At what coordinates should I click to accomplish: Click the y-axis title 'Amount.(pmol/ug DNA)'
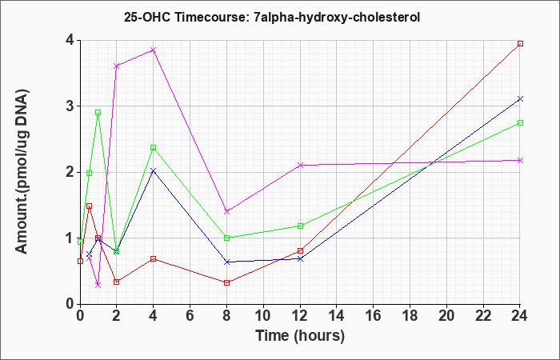[22, 171]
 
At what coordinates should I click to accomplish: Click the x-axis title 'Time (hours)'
[300, 336]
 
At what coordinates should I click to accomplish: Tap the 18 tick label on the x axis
[410, 315]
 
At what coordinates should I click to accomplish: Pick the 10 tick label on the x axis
[263, 315]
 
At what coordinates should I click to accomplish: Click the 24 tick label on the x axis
[519, 315]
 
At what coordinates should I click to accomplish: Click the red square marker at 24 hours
[520, 43]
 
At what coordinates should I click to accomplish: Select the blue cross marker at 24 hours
[520, 98]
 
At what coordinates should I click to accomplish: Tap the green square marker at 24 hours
[520, 123]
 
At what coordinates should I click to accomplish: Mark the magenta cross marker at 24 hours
[520, 160]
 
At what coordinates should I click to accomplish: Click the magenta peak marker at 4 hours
[154, 50]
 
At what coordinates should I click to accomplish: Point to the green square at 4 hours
[154, 147]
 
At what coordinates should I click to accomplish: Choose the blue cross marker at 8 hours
[226, 262]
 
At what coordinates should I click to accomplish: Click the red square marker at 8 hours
[226, 283]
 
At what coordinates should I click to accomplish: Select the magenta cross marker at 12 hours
[300, 165]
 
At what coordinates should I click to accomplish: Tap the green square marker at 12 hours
[300, 226]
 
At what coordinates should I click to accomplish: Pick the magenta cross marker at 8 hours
[226, 211]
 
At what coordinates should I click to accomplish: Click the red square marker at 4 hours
[154, 258]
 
